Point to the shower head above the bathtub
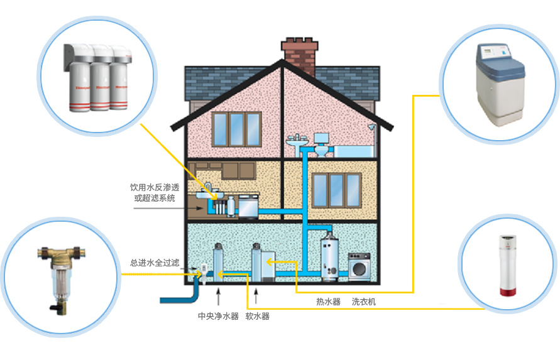tap(372, 126)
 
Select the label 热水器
tap(328, 302)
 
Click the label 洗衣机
tap(364, 302)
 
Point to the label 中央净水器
tap(218, 316)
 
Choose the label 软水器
tap(258, 316)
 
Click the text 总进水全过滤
tap(155, 263)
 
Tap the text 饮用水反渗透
tap(155, 188)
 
